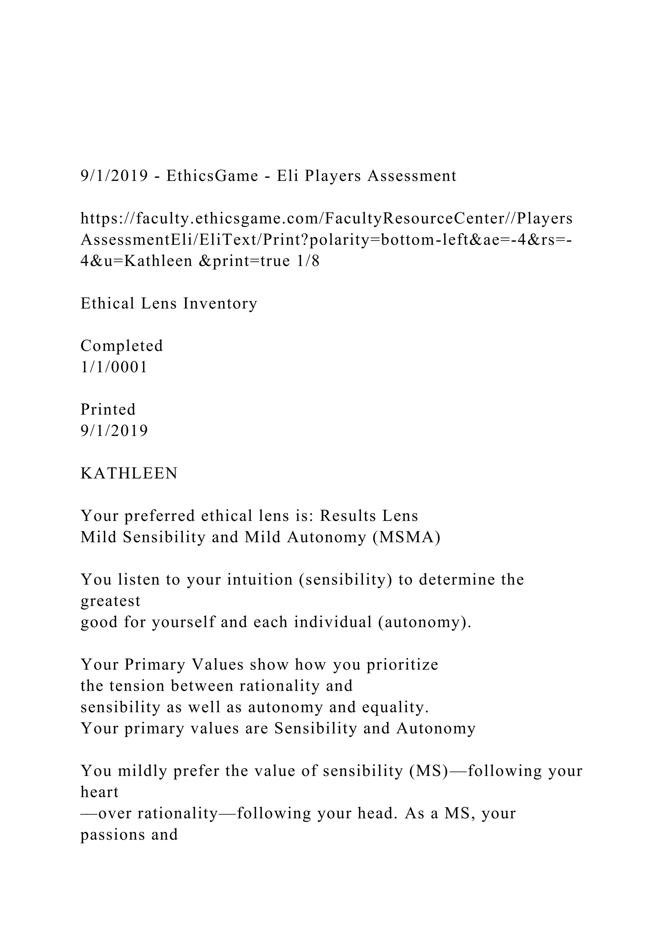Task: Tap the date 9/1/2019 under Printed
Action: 114,431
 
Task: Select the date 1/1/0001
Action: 114,367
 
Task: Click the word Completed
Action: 122,345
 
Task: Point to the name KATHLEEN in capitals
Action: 129,473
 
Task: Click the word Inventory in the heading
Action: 220,303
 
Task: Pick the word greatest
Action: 110,601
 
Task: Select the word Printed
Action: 108,409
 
